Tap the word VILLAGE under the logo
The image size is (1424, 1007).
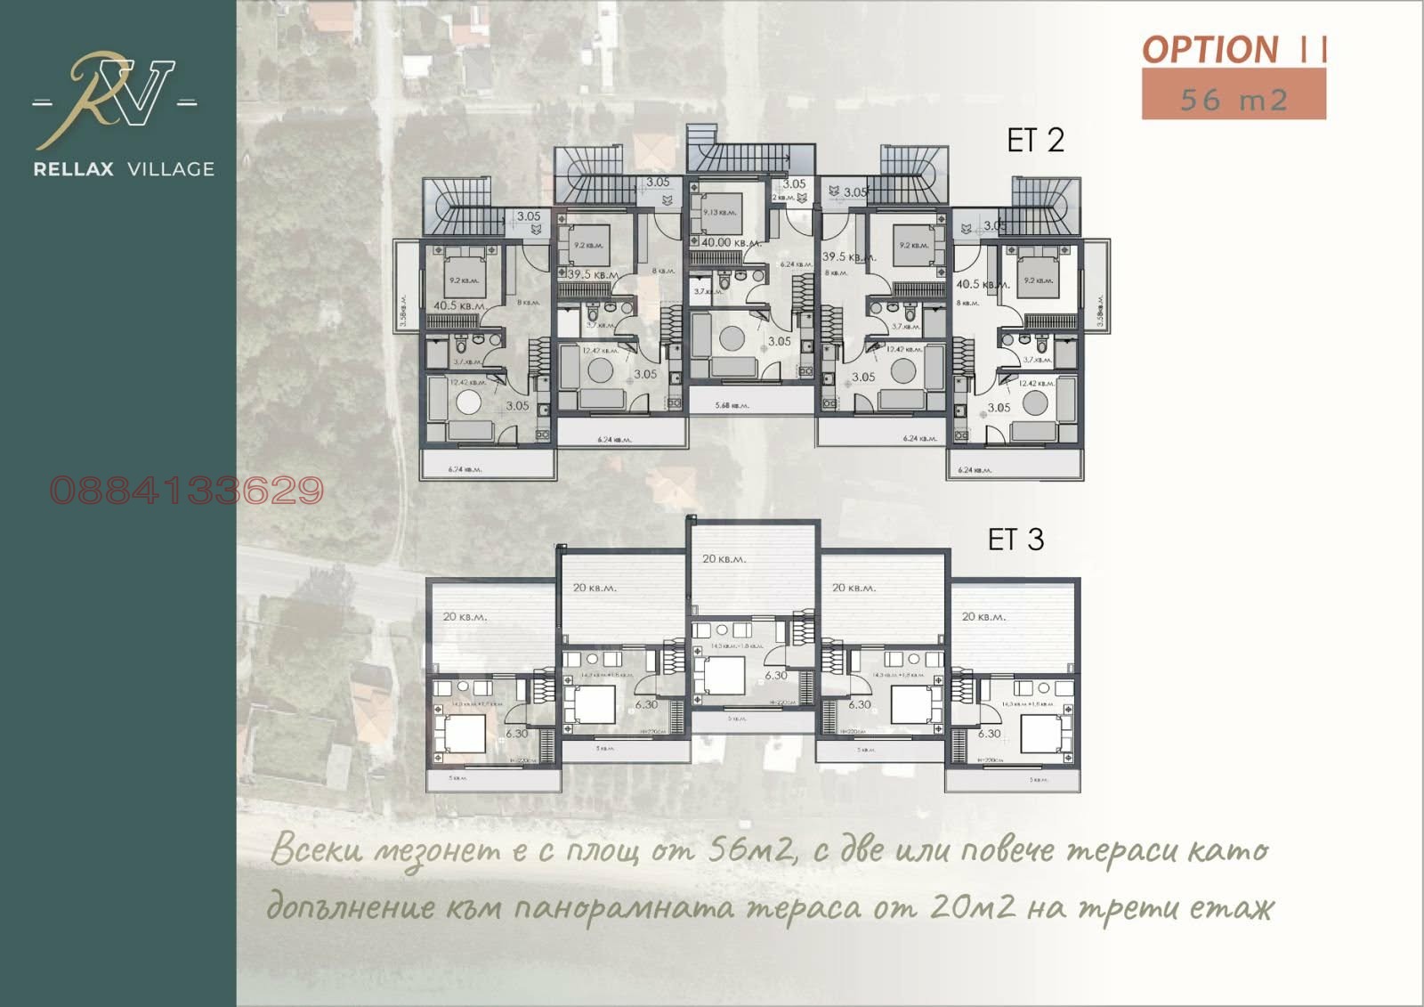pyautogui.click(x=171, y=169)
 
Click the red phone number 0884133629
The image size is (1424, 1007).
pyautogui.click(x=187, y=491)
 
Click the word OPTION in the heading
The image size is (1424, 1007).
pyautogui.click(x=1210, y=50)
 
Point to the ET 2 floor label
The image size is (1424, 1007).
pyautogui.click(x=1035, y=141)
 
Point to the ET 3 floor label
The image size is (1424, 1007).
pyautogui.click(x=1015, y=540)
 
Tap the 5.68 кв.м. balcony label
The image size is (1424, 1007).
pyautogui.click(x=732, y=405)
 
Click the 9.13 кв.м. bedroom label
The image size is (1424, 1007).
pyautogui.click(x=720, y=213)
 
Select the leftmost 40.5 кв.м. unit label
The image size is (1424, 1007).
pyautogui.click(x=459, y=305)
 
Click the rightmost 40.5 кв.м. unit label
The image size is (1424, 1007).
pyautogui.click(x=983, y=284)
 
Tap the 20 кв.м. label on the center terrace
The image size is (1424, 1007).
pyautogui.click(x=724, y=559)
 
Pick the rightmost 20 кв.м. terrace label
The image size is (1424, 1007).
pyautogui.click(x=983, y=616)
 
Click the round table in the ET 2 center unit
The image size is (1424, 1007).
pyautogui.click(x=732, y=339)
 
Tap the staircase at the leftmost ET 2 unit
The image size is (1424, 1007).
pyautogui.click(x=457, y=209)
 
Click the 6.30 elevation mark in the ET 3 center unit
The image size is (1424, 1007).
pyautogui.click(x=776, y=675)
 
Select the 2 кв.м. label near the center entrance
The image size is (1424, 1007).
pyautogui.click(x=784, y=198)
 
